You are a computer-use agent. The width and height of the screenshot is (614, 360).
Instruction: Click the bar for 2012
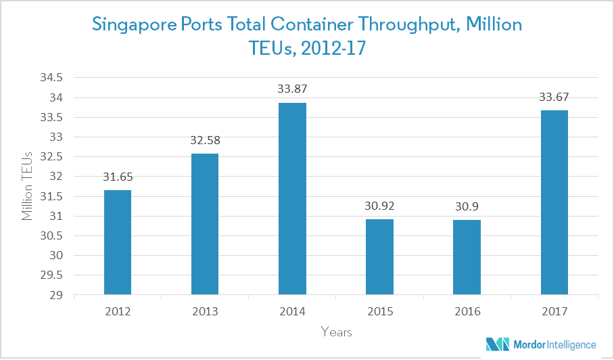(x=118, y=242)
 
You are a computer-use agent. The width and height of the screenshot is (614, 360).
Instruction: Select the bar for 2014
(x=292, y=199)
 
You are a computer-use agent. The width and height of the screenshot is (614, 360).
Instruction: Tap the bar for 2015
(x=379, y=257)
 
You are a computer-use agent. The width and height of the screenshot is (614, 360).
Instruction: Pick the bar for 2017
(x=554, y=202)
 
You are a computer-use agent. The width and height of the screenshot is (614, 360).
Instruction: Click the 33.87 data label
(x=292, y=89)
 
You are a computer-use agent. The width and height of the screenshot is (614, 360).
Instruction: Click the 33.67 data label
(x=554, y=97)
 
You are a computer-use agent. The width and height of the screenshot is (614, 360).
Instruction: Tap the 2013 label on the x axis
(x=205, y=312)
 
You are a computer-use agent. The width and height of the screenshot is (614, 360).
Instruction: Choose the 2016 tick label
(x=467, y=312)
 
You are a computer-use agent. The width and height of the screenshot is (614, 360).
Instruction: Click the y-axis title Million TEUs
(x=28, y=186)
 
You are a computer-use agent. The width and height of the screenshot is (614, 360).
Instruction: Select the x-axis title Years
(x=336, y=332)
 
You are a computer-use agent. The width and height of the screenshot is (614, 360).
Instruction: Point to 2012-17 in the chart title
(x=331, y=49)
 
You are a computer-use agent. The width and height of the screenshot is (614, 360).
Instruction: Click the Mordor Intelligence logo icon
(x=496, y=344)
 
